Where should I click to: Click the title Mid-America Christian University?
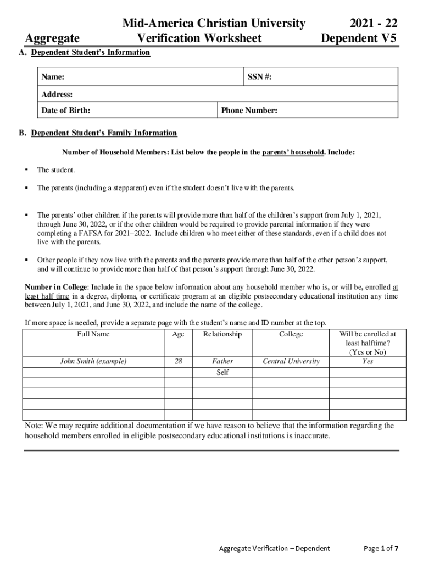(x=213, y=23)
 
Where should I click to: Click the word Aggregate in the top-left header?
(x=52, y=38)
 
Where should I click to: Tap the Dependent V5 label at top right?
(x=359, y=38)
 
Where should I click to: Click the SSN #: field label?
(x=259, y=78)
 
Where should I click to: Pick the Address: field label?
(x=57, y=95)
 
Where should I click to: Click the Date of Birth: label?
(x=66, y=111)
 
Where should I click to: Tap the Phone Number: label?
(x=249, y=111)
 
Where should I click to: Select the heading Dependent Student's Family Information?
(x=104, y=133)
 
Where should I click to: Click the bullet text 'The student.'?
(x=56, y=170)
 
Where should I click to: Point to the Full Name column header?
(x=93, y=334)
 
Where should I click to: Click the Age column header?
(x=178, y=334)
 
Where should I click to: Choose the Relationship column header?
(x=222, y=334)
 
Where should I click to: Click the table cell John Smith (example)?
(x=93, y=362)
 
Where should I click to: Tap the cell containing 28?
(x=178, y=362)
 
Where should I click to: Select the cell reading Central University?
(x=291, y=362)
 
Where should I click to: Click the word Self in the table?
(x=222, y=373)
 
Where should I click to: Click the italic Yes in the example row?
(x=368, y=362)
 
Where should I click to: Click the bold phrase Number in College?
(x=56, y=287)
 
